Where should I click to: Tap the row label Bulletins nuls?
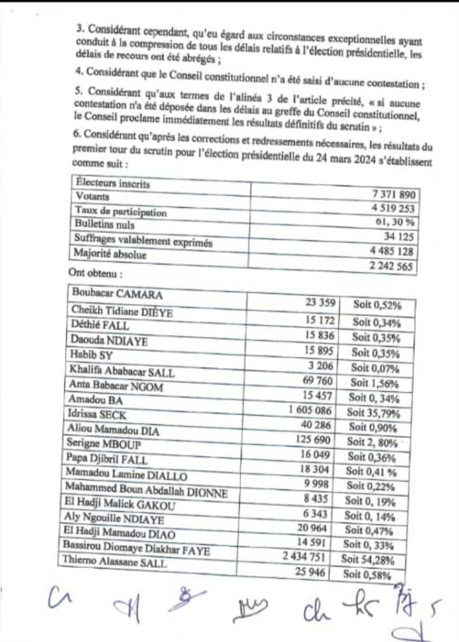[104, 224]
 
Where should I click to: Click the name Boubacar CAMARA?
[117, 293]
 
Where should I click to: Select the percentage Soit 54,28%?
[367, 560]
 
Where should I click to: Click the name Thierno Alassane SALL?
[115, 562]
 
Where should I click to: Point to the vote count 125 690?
[313, 440]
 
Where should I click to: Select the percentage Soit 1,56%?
[374, 383]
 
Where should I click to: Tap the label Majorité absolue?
[110, 254]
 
